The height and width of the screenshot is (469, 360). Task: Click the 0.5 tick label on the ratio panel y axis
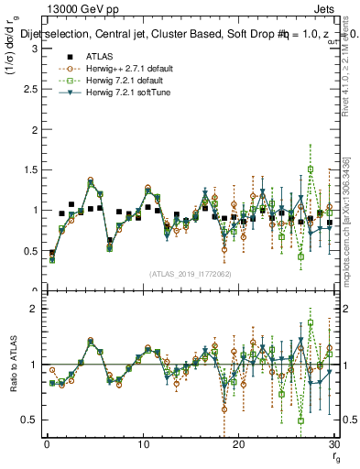pyautogui.click(x=28, y=420)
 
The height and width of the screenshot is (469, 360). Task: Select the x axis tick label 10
pyautogui.click(x=142, y=443)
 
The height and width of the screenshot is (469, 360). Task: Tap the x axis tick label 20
pyautogui.click(x=238, y=443)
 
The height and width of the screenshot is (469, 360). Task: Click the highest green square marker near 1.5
pyautogui.click(x=311, y=169)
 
